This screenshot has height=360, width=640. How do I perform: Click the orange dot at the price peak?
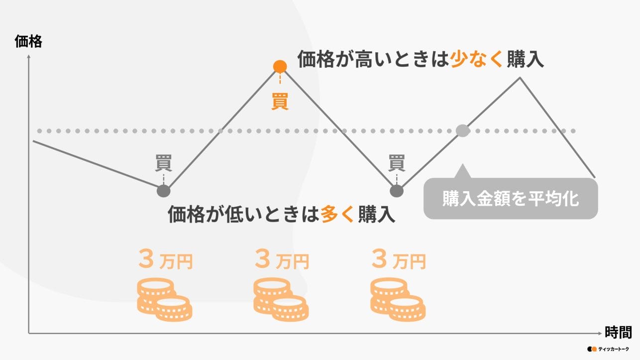coord(280,66)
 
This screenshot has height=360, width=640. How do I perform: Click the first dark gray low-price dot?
coord(163,191)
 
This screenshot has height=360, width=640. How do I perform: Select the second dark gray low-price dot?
coord(397,191)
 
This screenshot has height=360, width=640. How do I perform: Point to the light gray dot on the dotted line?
coord(463,131)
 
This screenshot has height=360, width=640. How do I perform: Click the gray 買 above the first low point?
coord(163,163)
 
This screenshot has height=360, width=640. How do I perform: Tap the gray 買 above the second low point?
coord(397,163)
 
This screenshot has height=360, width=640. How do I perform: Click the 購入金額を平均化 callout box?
coord(510,199)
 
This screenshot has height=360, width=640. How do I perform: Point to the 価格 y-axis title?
coord(28,42)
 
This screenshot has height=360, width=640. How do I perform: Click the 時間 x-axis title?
coord(619,332)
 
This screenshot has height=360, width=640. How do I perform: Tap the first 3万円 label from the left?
coord(165,259)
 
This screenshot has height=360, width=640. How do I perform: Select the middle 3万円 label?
coord(282,259)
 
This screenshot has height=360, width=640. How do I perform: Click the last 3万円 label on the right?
coord(399,259)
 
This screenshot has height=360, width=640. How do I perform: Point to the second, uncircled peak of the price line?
coord(520,78)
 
